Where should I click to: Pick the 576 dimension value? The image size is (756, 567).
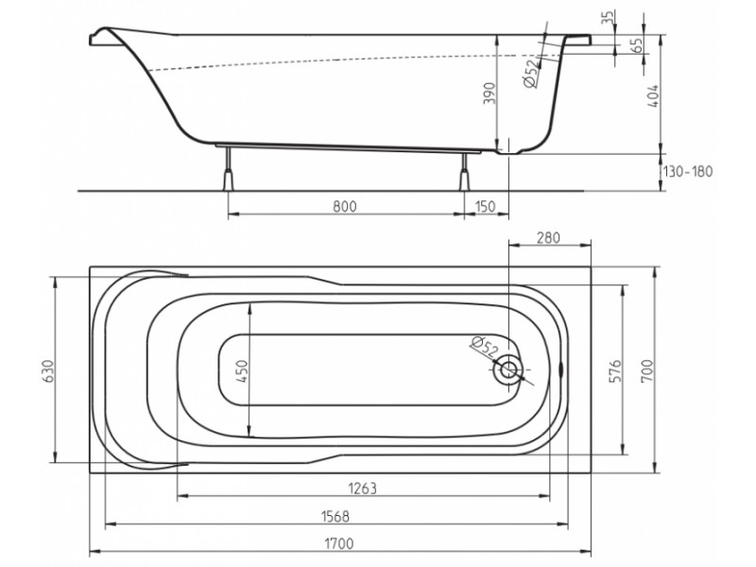point(613,369)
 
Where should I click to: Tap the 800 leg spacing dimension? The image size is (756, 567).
point(346,207)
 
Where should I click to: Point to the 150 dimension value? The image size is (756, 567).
point(486,207)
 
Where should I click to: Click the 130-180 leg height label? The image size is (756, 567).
point(688,171)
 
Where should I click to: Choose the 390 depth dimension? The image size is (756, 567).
point(489,95)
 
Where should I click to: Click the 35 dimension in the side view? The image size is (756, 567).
point(608,17)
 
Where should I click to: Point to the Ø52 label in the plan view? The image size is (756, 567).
point(483,347)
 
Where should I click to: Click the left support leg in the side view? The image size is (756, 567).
point(227,174)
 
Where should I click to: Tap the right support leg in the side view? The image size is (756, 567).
point(464,175)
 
